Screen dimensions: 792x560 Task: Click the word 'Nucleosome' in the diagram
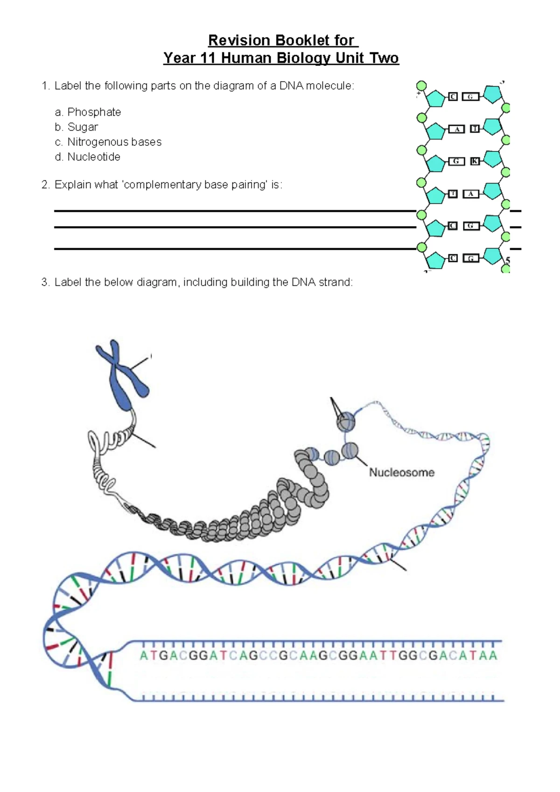pos(401,473)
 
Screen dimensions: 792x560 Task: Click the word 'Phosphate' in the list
pos(94,112)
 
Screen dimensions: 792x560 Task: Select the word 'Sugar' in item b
pos(83,127)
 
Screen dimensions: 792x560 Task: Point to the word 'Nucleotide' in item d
pos(94,157)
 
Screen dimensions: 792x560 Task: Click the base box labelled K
pos(475,161)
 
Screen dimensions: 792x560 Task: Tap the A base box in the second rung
pos(457,129)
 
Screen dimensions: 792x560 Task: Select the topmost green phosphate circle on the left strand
pos(421,86)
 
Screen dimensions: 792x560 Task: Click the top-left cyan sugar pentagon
pos(436,99)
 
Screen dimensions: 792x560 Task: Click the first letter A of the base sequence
pos(144,656)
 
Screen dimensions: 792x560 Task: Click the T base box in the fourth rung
pos(453,193)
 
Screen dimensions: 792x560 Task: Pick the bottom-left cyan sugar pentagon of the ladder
pos(436,260)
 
